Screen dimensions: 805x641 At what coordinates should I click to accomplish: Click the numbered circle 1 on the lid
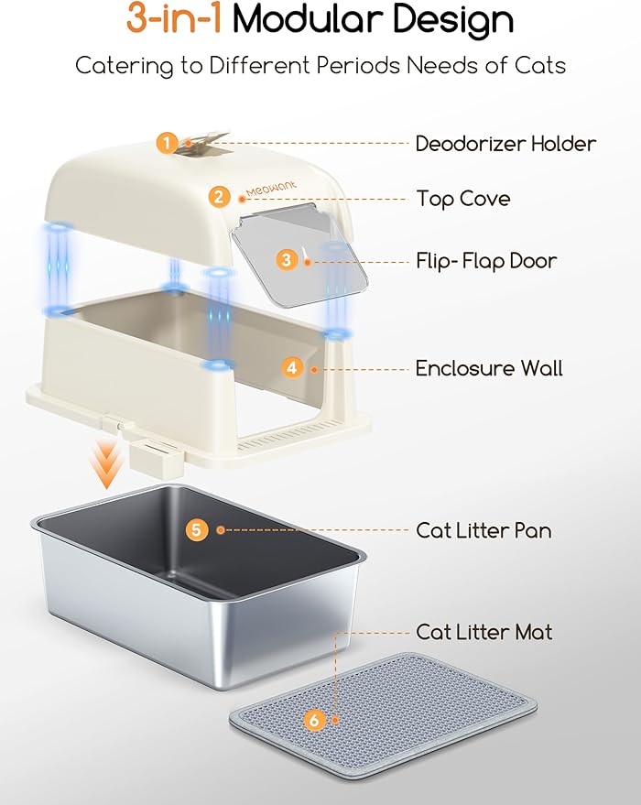pos(167,143)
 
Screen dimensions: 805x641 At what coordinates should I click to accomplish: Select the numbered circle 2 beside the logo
pos(218,196)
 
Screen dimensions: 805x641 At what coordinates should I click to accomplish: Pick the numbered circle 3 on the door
pos(287,260)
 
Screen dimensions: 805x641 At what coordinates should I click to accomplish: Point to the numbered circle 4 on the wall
pos(292,367)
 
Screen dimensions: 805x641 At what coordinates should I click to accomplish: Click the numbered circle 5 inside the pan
pos(197,529)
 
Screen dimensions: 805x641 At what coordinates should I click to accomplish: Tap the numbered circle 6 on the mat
pos(315,721)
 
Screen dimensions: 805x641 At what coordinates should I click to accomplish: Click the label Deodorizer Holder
pos(505,144)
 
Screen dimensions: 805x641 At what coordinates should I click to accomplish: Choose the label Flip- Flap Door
pos(486,261)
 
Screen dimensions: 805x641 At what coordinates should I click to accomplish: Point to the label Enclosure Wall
pos(489,368)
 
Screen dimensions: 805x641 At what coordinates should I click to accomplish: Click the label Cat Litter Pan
pos(483,530)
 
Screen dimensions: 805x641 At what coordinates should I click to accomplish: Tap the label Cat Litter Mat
pos(484,632)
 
